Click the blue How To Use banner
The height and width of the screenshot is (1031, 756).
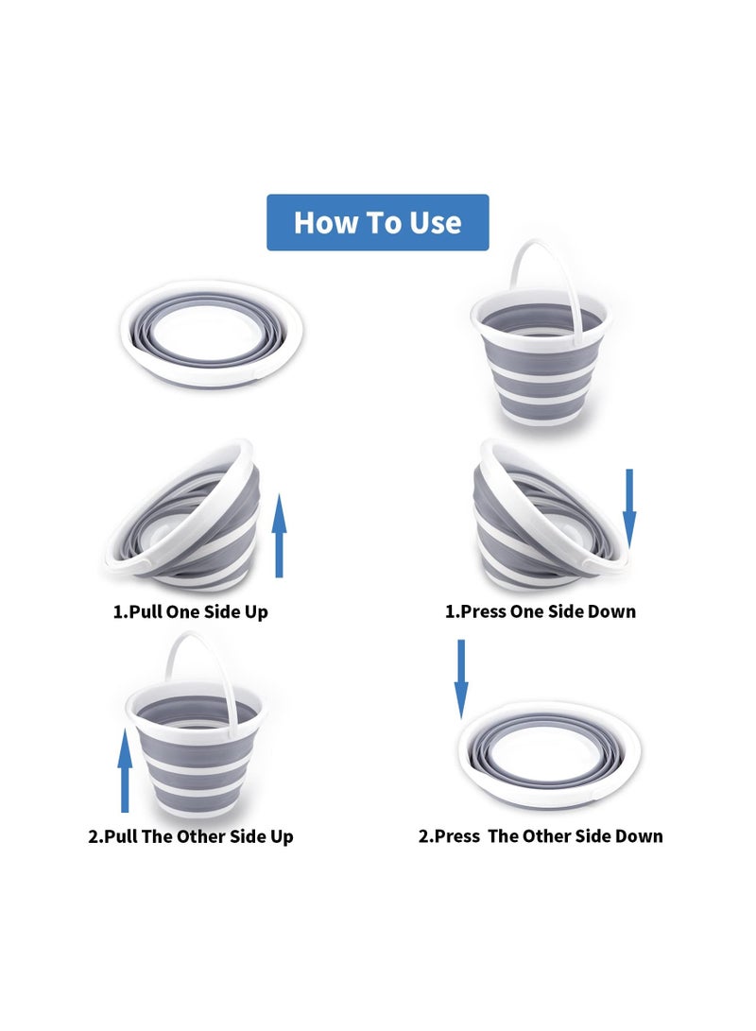click(x=377, y=222)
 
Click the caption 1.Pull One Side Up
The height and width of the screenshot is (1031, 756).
click(x=191, y=611)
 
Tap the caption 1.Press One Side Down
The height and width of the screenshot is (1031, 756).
click(x=541, y=611)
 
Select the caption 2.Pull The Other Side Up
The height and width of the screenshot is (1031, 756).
click(x=191, y=836)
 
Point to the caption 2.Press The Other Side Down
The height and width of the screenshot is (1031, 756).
click(x=541, y=836)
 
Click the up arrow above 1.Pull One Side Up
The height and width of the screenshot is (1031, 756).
click(x=279, y=540)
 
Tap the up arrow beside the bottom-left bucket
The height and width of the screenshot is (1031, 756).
click(x=125, y=769)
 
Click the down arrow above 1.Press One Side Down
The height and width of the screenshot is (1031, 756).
click(x=629, y=507)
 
